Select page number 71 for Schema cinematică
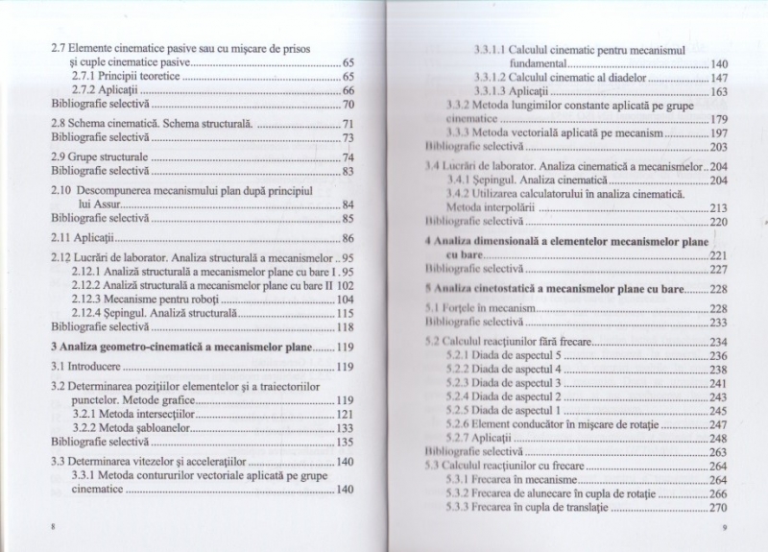pos(348,125)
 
